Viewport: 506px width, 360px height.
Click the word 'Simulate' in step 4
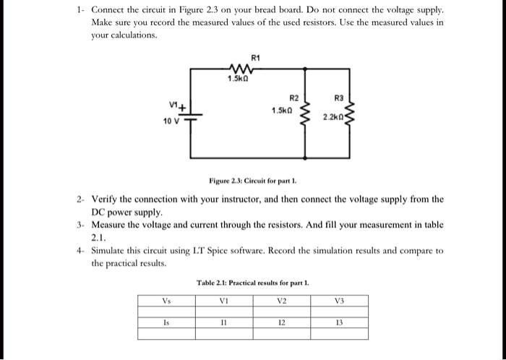click(x=111, y=250)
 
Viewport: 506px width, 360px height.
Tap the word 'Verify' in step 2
click(x=104, y=199)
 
